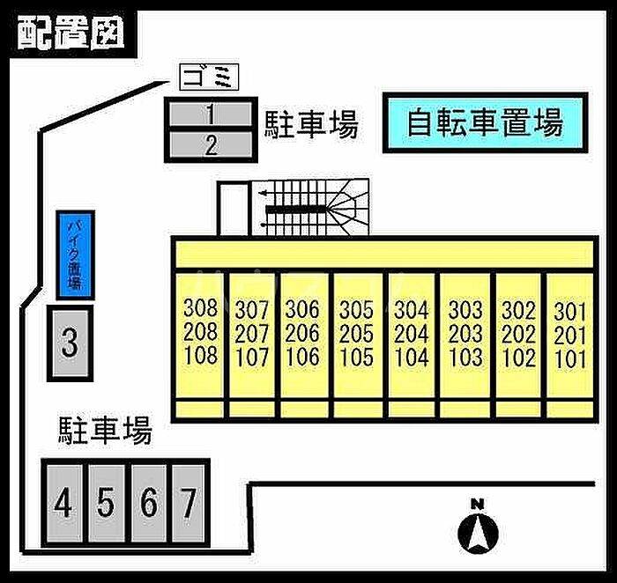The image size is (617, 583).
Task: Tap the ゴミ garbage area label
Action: click(x=210, y=79)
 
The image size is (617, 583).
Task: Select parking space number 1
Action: click(x=211, y=113)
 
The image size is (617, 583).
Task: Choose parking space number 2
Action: click(x=211, y=144)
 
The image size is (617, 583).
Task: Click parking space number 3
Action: click(x=70, y=342)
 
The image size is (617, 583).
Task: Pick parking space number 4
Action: click(x=63, y=504)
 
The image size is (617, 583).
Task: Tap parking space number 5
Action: click(x=106, y=504)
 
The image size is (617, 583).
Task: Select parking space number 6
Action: click(x=149, y=504)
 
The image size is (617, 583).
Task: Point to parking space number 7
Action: click(x=188, y=504)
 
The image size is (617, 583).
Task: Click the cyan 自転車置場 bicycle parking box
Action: click(x=484, y=122)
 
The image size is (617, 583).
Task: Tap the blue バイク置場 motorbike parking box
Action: click(x=74, y=253)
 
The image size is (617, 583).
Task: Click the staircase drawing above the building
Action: click(x=313, y=209)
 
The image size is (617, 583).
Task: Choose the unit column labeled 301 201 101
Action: click(x=570, y=335)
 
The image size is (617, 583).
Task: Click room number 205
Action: click(x=356, y=334)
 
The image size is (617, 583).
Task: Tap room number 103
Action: click(x=465, y=358)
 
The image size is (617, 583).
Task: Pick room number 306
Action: click(x=302, y=310)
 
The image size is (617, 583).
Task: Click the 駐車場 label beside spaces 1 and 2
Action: click(x=311, y=126)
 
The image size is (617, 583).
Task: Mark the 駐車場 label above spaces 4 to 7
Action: click(x=105, y=431)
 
